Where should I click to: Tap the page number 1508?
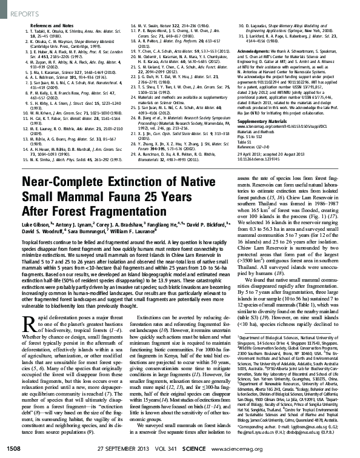pos(13,448)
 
